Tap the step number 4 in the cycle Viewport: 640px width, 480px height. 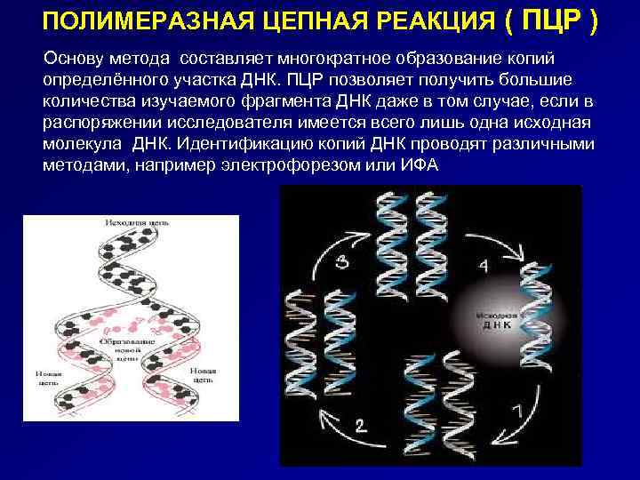483,264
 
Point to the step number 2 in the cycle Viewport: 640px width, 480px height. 360,424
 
